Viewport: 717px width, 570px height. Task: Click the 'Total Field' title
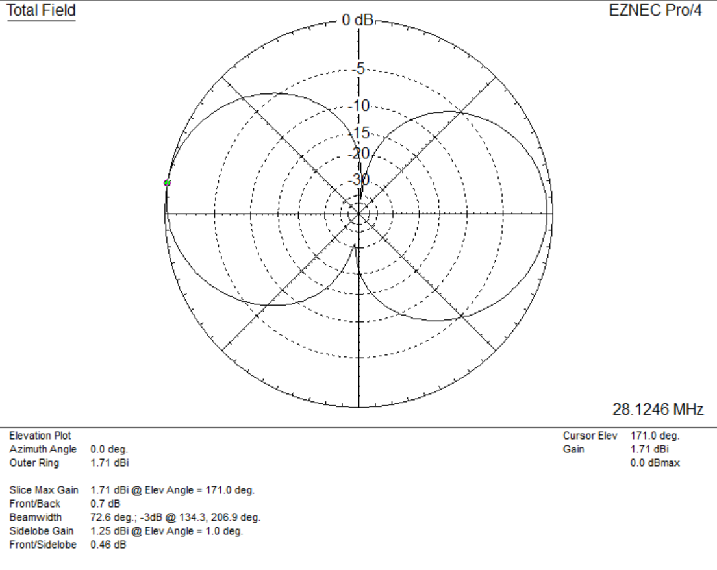point(41,10)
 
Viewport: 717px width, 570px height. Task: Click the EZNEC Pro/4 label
point(655,10)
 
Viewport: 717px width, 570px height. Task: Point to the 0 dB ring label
point(358,20)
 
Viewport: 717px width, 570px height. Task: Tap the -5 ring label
point(359,69)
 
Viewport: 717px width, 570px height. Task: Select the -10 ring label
point(359,106)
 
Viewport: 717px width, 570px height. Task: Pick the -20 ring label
point(359,154)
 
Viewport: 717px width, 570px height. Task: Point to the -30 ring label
point(359,180)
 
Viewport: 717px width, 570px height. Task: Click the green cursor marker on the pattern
point(168,183)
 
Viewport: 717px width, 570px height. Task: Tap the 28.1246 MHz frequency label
point(658,409)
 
